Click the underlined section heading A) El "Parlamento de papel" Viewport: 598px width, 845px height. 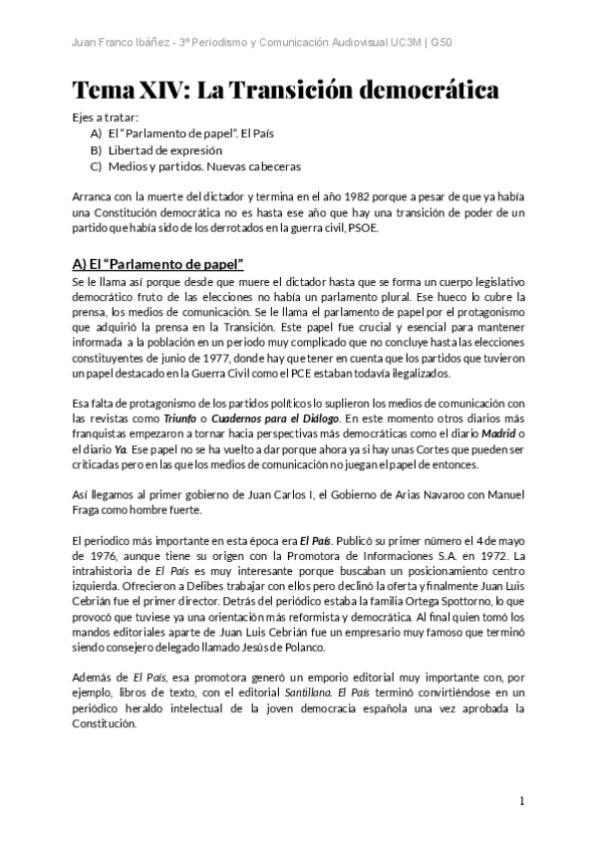pyautogui.click(x=158, y=265)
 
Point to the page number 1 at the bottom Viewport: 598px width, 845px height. pyautogui.click(x=522, y=801)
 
